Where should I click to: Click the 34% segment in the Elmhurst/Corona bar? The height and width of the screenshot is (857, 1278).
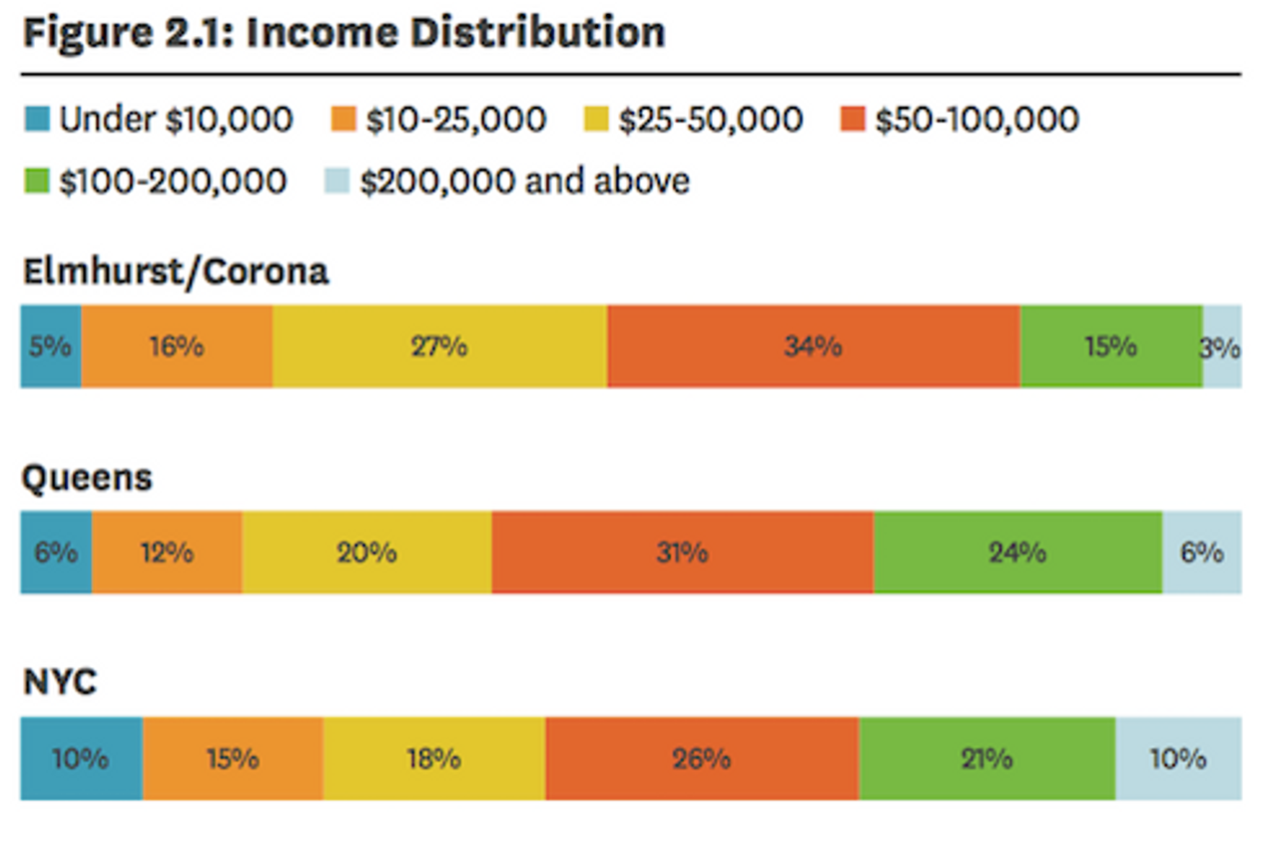(x=813, y=347)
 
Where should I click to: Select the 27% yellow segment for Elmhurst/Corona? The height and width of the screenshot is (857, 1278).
(x=439, y=347)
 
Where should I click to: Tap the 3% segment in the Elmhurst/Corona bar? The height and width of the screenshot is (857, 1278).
(x=1222, y=347)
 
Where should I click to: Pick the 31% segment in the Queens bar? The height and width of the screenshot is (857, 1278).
(x=682, y=552)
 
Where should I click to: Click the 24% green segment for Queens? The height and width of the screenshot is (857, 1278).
(x=1017, y=552)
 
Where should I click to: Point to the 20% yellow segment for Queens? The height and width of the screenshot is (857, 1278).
(x=366, y=552)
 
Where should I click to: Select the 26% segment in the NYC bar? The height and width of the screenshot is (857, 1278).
(x=702, y=758)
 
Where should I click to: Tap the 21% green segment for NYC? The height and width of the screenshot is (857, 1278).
(x=986, y=758)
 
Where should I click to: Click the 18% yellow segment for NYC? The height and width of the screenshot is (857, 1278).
(x=433, y=758)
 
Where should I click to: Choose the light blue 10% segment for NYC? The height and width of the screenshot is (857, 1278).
(x=1178, y=758)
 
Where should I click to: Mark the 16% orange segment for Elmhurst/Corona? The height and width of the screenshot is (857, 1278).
(x=177, y=347)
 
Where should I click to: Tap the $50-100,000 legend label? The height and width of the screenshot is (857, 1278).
(x=976, y=121)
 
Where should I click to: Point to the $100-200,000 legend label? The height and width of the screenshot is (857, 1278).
(x=173, y=182)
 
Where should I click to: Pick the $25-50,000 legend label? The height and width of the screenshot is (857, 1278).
(x=710, y=121)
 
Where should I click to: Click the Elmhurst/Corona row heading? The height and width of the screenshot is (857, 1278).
(x=175, y=272)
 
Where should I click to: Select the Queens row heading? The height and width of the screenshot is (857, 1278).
(x=87, y=477)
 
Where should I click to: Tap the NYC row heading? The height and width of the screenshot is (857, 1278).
(x=60, y=683)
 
